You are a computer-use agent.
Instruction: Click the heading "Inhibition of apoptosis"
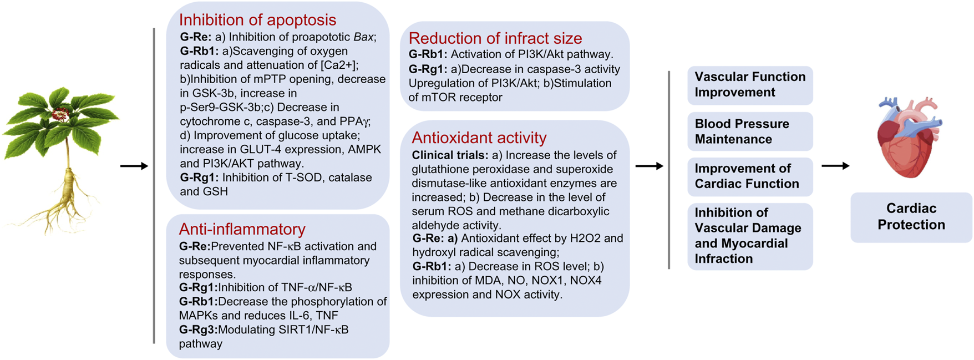click(x=257, y=20)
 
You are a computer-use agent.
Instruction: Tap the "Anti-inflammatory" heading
click(x=242, y=229)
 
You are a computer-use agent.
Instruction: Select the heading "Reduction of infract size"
click(x=495, y=38)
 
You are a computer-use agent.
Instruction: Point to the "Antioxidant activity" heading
click(x=479, y=138)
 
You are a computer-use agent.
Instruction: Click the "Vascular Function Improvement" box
click(x=750, y=85)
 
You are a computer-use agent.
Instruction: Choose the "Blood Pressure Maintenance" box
click(x=750, y=131)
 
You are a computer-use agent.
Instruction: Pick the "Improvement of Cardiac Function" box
click(x=750, y=176)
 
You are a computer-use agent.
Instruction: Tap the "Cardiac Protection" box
click(x=911, y=217)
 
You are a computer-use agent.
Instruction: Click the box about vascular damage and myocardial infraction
click(x=750, y=236)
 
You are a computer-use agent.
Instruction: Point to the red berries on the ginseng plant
click(x=60, y=114)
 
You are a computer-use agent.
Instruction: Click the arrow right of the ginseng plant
click(x=134, y=166)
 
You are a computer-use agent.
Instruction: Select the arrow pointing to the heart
click(x=835, y=165)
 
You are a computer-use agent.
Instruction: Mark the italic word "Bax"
click(x=363, y=37)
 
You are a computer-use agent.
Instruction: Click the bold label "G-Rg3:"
click(x=198, y=329)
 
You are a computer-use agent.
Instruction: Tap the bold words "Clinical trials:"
click(x=450, y=155)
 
